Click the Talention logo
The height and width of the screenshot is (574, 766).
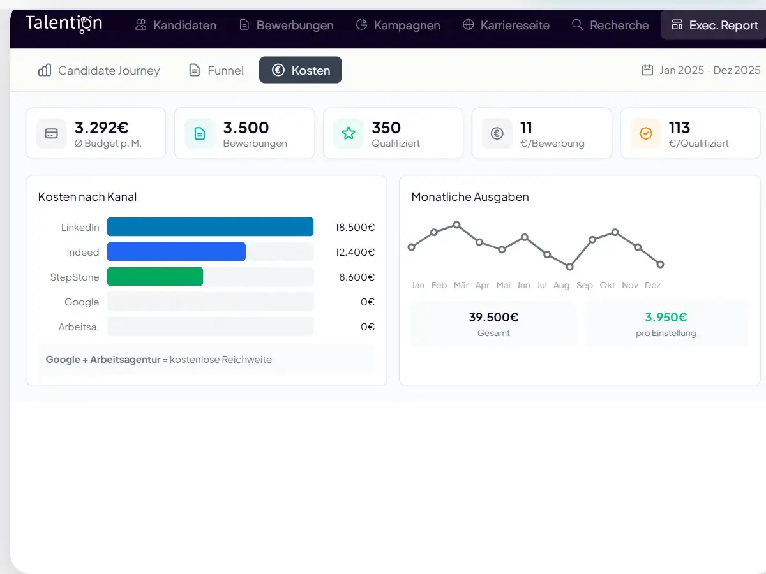(64, 24)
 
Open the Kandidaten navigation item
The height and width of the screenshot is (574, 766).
(176, 26)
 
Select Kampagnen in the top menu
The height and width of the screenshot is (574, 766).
(398, 26)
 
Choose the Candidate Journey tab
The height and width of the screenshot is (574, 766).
(99, 70)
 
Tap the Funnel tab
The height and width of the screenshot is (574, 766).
(216, 70)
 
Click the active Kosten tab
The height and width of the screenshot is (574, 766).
(301, 70)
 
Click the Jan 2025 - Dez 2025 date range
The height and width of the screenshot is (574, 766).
(701, 70)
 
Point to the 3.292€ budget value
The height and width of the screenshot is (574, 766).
(101, 128)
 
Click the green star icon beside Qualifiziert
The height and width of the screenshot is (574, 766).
(349, 133)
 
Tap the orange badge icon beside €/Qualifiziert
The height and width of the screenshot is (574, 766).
(646, 133)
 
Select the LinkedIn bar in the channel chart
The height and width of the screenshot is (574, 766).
(210, 227)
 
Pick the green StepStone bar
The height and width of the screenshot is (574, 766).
(155, 277)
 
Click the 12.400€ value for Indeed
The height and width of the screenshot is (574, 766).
(355, 252)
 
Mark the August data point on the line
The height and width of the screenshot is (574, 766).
(569, 267)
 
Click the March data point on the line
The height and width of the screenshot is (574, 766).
(456, 224)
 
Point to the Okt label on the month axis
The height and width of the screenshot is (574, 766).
(607, 285)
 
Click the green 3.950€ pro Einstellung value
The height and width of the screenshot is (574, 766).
(666, 317)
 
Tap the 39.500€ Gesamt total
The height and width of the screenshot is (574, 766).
(493, 317)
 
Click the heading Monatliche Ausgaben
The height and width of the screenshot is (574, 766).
(470, 197)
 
